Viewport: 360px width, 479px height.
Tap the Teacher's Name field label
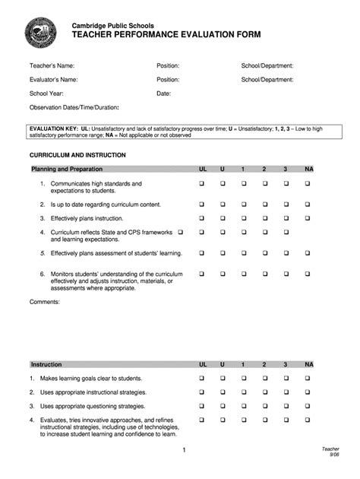point(52,66)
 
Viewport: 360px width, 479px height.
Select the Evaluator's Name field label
point(53,79)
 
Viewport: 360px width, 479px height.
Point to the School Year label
point(46,93)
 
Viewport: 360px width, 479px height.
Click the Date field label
point(163,93)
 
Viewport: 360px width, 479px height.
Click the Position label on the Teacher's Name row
point(168,66)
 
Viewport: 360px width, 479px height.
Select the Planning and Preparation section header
point(66,169)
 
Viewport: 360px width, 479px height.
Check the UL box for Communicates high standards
point(202,184)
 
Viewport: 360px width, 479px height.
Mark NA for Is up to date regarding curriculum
point(308,204)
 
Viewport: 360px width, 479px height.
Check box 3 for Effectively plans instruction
point(286,217)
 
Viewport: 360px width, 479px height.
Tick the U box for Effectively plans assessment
point(223,252)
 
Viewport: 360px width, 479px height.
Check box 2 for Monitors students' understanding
point(264,273)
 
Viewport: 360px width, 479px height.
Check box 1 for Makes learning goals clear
point(243,378)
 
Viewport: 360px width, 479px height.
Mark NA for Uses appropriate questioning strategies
point(308,405)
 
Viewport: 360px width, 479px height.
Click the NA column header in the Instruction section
point(308,364)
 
